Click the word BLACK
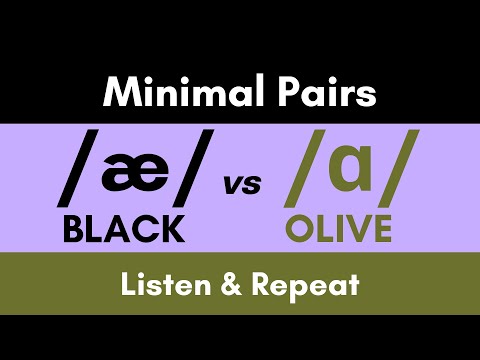tap(124, 229)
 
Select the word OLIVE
tap(338, 229)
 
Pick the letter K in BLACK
tap(172, 229)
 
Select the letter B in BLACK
tap(74, 229)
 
